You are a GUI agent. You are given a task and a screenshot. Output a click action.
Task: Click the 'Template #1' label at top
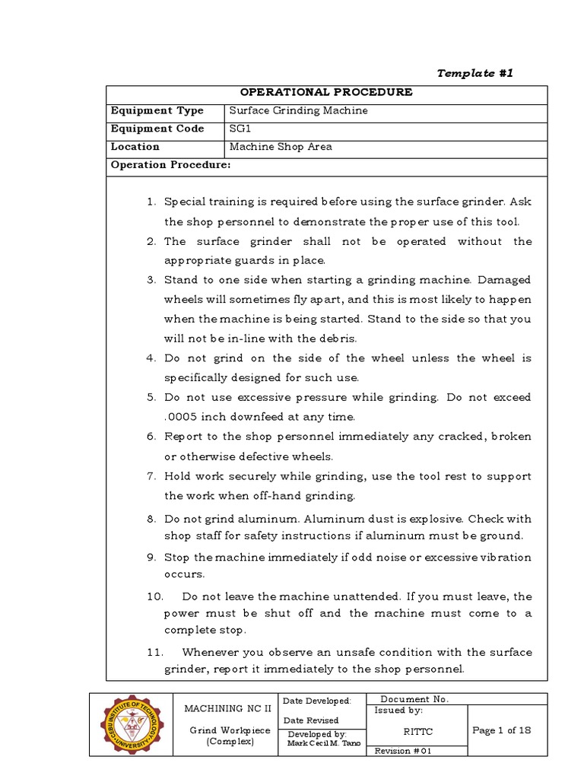[477, 73]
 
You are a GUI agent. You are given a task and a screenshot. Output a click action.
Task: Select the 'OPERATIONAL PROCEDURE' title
[325, 92]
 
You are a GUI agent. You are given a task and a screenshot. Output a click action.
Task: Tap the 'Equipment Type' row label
[157, 110]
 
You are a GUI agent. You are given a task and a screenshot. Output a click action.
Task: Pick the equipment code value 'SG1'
[240, 129]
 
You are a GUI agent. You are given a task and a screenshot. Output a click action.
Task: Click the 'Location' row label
[135, 147]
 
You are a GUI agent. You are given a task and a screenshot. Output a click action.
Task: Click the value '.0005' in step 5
[179, 417]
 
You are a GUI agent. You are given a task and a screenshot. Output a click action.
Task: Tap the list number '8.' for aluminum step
[151, 519]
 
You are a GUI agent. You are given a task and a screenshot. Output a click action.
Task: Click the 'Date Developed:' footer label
[316, 701]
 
